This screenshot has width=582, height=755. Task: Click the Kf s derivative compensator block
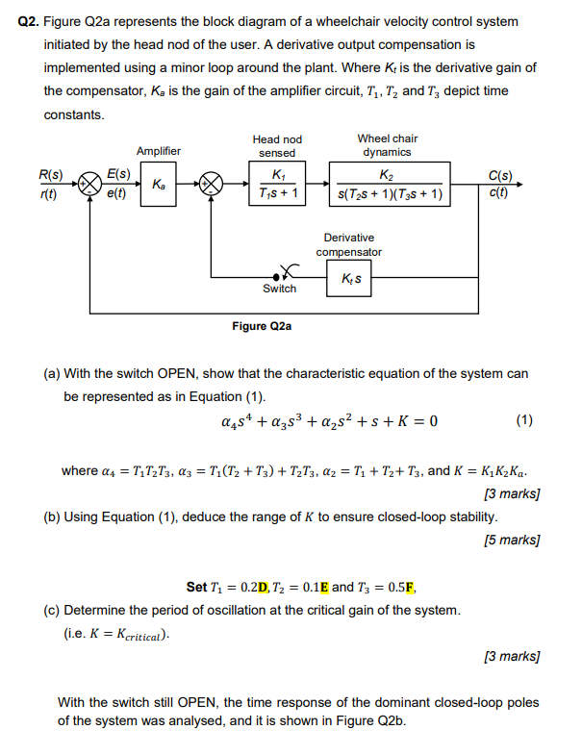[350, 279]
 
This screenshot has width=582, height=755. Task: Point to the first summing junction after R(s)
[89, 183]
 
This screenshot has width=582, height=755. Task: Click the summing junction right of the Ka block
[212, 183]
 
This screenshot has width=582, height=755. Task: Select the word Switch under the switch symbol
[279, 289]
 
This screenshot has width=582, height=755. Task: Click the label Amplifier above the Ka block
[159, 151]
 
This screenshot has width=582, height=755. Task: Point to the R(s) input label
[50, 175]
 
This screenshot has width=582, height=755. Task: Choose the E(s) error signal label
[119, 174]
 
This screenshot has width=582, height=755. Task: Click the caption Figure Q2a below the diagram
[261, 326]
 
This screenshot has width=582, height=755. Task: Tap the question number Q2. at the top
[30, 21]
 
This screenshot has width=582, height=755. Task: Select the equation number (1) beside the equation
[523, 420]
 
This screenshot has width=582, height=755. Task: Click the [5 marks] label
[512, 540]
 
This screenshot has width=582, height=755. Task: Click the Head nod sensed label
[277, 146]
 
